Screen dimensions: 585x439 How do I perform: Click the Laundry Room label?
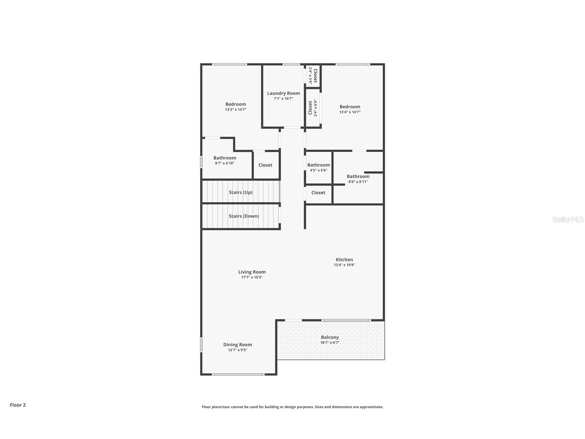click(x=283, y=93)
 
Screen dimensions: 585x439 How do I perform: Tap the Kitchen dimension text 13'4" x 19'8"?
click(x=344, y=265)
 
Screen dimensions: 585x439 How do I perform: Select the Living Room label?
click(x=252, y=272)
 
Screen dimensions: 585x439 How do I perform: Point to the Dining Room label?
click(x=238, y=344)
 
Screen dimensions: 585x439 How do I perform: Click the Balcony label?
click(x=330, y=337)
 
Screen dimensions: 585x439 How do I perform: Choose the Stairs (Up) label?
click(x=241, y=192)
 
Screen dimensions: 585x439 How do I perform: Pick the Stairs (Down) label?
click(x=244, y=216)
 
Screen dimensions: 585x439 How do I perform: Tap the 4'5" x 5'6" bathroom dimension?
click(x=319, y=170)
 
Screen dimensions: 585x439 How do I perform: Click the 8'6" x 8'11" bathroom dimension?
click(x=358, y=182)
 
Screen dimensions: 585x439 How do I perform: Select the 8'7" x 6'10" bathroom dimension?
click(x=224, y=163)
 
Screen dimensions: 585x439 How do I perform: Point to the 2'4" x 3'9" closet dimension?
click(x=310, y=76)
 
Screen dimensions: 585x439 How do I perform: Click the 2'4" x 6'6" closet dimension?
click(x=315, y=108)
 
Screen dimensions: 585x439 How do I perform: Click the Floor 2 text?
click(x=18, y=405)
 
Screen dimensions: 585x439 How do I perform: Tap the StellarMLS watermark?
click(x=568, y=219)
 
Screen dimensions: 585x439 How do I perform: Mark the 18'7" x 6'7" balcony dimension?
click(x=330, y=343)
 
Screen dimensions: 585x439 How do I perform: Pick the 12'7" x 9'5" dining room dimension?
click(x=238, y=350)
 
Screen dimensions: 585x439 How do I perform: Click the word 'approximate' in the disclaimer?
click(x=371, y=407)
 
